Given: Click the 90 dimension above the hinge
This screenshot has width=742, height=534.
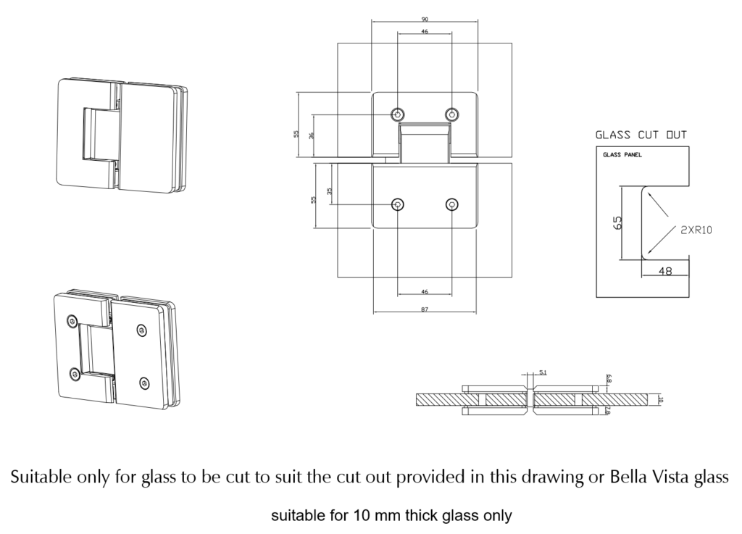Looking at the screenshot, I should (424, 19).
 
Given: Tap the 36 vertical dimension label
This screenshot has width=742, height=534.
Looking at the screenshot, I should (312, 135).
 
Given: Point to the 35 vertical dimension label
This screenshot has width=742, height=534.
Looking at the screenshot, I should (330, 191).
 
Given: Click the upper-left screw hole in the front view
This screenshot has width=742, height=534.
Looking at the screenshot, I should (398, 114).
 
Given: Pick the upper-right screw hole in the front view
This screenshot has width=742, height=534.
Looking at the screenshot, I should (451, 114).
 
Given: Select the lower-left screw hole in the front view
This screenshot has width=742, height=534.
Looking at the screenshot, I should (398, 205).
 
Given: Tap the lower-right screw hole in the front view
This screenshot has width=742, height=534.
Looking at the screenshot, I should (451, 205).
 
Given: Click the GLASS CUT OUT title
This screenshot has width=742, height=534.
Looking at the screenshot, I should (641, 135).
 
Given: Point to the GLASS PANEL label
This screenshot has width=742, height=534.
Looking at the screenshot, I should (622, 155).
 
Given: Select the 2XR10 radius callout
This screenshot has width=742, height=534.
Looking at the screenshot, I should (696, 230).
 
